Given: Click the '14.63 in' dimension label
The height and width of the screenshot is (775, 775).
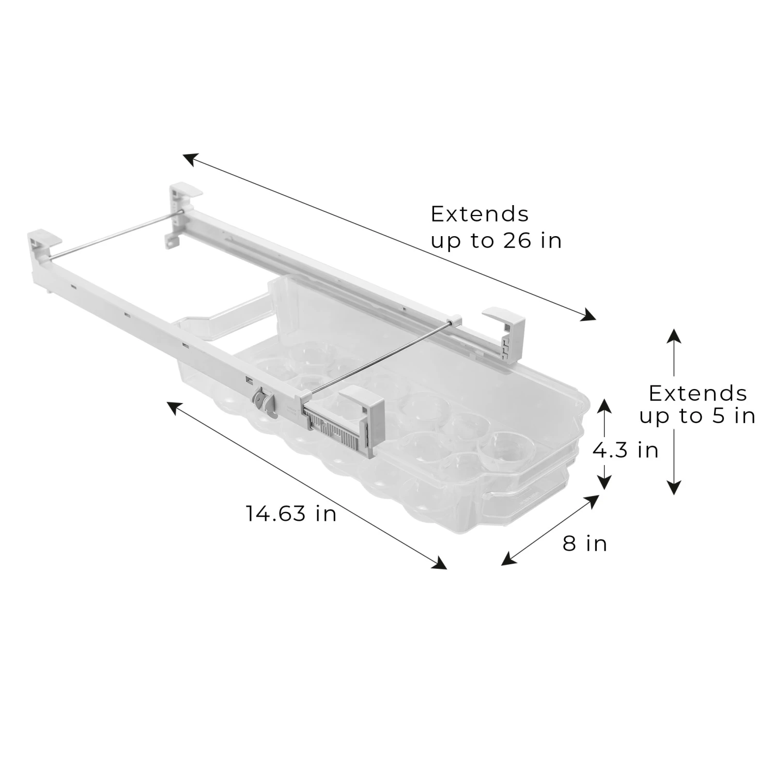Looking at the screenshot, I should click(x=291, y=514).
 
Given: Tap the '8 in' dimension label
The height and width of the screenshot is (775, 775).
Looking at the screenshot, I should click(x=585, y=544).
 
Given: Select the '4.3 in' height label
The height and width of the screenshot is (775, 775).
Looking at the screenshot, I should click(x=625, y=450).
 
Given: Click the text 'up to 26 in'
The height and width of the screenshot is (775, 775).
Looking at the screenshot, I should click(x=496, y=240).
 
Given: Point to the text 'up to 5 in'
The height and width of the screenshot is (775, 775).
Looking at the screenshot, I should click(x=697, y=416).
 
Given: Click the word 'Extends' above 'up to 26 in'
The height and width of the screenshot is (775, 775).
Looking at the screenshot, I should click(x=480, y=214).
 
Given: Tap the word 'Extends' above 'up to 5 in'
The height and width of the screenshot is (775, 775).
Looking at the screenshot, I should click(x=698, y=394).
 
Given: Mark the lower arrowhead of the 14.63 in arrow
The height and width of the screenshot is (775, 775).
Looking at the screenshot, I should click(x=440, y=563).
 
